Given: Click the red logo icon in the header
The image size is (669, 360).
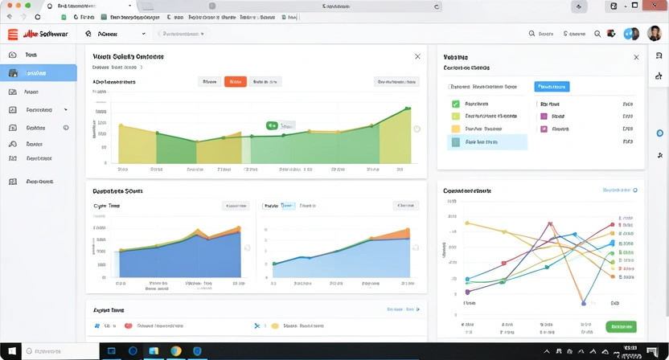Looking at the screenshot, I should tap(13, 34).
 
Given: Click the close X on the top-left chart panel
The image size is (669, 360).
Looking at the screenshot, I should tap(417, 57).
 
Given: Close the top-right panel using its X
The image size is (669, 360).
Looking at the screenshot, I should tap(636, 58).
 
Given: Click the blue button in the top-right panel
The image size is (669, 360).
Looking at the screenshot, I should tap(552, 86).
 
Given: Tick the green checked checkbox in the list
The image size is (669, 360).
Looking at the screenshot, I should tap(456, 104).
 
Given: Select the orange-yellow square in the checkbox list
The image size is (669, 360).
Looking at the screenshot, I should tap(456, 128).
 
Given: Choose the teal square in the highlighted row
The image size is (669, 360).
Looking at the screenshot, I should tap(456, 141).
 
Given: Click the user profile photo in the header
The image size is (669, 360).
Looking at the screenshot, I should tap(631, 34).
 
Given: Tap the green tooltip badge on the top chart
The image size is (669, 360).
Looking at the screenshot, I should tap(272, 125).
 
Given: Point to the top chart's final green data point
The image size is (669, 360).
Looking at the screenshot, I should tap(408, 108).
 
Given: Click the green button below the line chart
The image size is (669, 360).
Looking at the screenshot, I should tap(620, 326).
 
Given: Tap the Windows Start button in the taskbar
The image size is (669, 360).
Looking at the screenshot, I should tap(11, 352).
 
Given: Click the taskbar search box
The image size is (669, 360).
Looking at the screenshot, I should tap(60, 352).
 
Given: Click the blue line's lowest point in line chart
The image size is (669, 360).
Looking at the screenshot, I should tap(584, 303).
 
